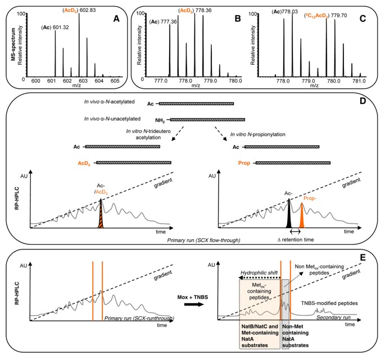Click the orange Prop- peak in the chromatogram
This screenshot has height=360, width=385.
tap(301, 216)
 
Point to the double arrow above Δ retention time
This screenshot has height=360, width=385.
tap(294, 230)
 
